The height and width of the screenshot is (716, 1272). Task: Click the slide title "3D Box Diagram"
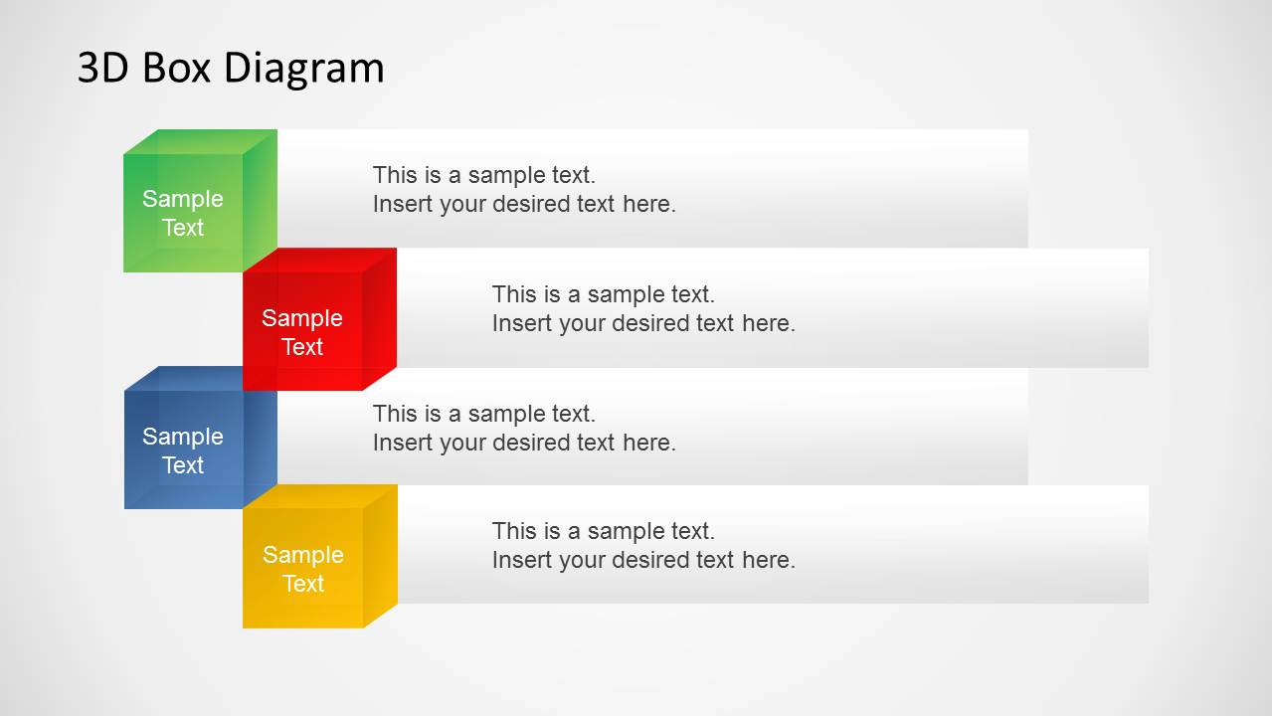(x=231, y=68)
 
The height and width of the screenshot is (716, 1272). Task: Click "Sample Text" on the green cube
(x=183, y=213)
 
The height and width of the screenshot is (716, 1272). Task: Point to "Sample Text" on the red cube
(x=302, y=332)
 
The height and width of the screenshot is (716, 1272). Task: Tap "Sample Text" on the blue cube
(x=183, y=450)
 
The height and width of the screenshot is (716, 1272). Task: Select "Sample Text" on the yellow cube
(x=302, y=569)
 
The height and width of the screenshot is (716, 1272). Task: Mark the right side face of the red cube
(x=379, y=318)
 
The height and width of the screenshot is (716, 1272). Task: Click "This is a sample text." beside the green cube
(x=484, y=175)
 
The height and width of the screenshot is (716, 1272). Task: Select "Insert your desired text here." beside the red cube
(x=643, y=323)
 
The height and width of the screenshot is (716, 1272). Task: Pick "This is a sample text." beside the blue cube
(x=484, y=414)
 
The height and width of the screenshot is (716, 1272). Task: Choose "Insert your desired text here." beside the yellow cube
(x=643, y=560)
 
